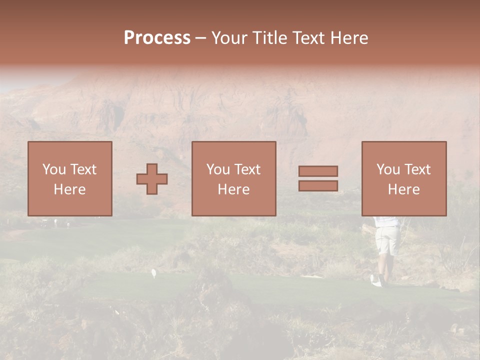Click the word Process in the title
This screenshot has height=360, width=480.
157,38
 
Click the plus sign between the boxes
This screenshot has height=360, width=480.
152,179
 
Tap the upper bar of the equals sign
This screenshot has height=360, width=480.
318,171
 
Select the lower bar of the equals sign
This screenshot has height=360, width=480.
318,186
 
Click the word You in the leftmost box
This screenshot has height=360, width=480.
54,169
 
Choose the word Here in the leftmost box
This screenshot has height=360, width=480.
69,189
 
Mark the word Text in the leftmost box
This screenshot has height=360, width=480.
83,169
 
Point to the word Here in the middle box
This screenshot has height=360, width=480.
233,189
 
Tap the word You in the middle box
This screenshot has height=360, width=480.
218,169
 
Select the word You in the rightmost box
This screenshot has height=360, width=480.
388,169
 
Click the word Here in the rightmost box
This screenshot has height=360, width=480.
403,189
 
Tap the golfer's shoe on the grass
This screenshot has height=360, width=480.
376,281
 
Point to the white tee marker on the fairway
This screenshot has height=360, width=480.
154,273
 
